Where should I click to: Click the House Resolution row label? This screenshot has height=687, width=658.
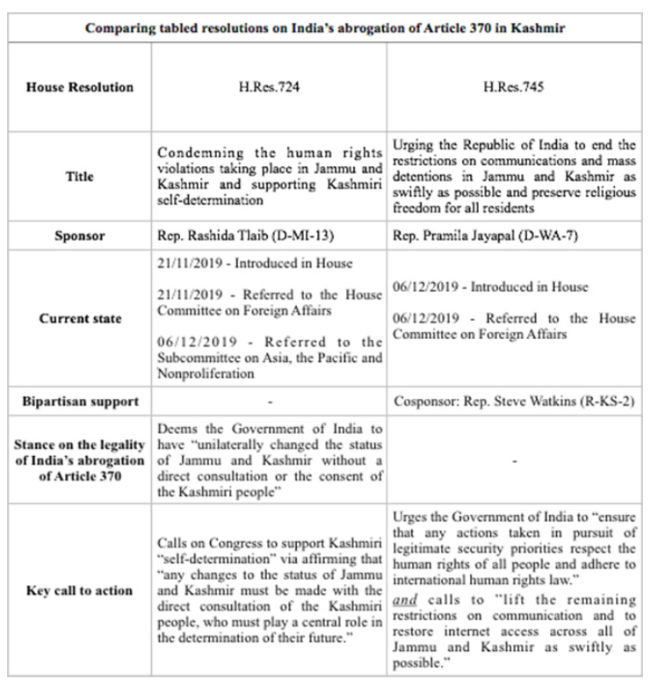(x=81, y=87)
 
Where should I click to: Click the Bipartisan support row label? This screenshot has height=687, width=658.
(x=81, y=401)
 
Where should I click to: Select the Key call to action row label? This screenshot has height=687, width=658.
(x=81, y=590)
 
